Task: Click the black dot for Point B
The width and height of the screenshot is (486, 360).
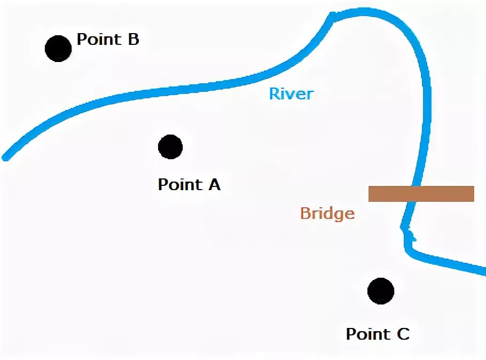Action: (x=58, y=49)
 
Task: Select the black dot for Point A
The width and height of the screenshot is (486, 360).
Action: (x=170, y=147)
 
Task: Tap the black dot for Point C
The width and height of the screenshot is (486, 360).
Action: (x=381, y=291)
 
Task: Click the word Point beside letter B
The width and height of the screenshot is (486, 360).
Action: (x=99, y=40)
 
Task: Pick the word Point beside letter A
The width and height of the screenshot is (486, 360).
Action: (x=179, y=185)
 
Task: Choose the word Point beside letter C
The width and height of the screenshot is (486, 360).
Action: (x=368, y=334)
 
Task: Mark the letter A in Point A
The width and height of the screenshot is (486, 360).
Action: (x=214, y=185)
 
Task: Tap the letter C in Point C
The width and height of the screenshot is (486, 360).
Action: (x=403, y=334)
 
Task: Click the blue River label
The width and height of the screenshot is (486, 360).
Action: (x=291, y=94)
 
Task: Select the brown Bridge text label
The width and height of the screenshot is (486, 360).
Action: (x=327, y=214)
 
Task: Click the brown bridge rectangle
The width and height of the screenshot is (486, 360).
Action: (x=421, y=193)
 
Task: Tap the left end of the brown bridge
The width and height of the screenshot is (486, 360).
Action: (x=371, y=193)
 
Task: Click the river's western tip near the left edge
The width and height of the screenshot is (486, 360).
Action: (x=5, y=158)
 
